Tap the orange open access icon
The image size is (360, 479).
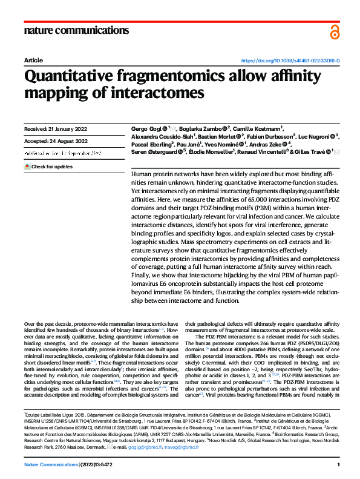pos(335,33)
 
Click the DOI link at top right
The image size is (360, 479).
pos(290,61)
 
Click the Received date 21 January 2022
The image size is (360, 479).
pos(56,129)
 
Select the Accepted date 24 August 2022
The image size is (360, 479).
pos(56,141)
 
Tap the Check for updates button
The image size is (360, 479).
pos(48,166)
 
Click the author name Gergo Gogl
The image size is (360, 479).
pos(146,129)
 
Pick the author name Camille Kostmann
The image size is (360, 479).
pos(259,129)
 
